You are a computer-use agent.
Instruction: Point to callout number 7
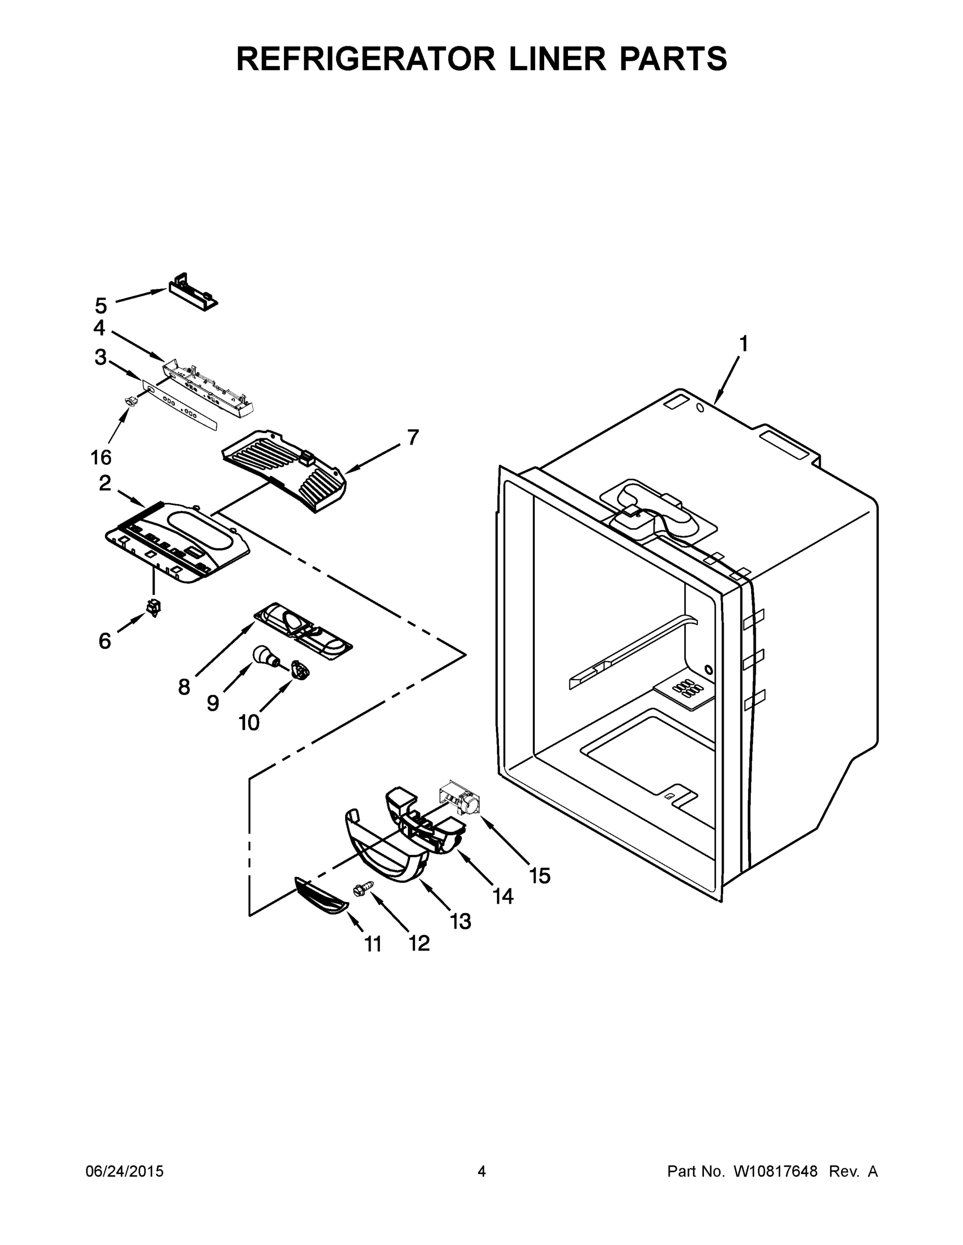[413, 437]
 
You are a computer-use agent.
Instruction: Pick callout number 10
[249, 723]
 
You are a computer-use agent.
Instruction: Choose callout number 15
[540, 876]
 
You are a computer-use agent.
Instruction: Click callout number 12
[419, 944]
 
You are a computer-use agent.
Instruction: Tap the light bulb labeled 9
[264, 656]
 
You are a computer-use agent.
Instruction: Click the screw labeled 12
[363, 888]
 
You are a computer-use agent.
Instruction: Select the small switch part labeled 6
[154, 607]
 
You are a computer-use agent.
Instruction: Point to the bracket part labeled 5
[193, 292]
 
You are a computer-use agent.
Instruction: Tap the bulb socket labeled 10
[300, 669]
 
